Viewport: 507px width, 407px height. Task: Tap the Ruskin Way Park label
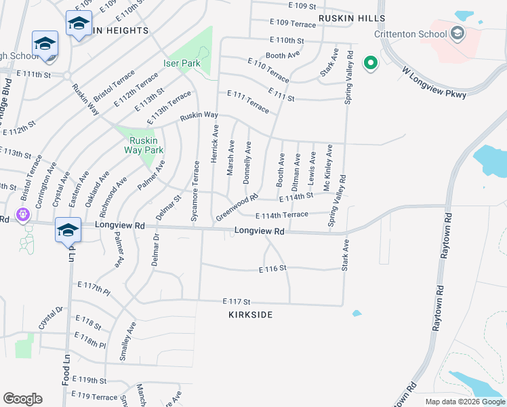143,145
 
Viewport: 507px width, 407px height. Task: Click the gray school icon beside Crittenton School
457,33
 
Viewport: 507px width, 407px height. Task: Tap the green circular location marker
370,63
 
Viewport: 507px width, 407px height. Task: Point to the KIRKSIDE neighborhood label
251,315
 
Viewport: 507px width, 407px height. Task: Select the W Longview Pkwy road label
434,82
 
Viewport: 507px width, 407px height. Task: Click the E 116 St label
274,269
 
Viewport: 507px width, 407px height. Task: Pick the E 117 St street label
237,301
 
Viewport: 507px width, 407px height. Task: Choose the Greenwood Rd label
237,208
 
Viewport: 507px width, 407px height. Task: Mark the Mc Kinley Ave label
329,167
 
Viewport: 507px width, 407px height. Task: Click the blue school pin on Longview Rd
68,230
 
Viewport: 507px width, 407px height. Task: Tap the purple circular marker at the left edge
23,214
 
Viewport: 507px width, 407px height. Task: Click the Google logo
22,399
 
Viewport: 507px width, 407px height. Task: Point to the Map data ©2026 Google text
464,402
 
